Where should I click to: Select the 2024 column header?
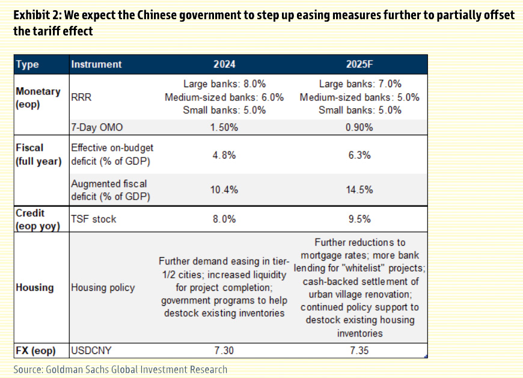[224, 64]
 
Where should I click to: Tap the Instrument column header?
[96, 64]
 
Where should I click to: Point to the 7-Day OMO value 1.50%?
[224, 127]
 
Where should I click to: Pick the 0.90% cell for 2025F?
[359, 127]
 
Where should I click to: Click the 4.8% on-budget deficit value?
[224, 155]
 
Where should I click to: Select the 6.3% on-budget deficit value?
[359, 155]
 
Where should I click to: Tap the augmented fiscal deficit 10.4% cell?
[224, 190]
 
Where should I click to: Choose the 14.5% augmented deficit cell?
[359, 190]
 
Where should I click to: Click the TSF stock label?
[94, 219]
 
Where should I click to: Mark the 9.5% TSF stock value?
[359, 219]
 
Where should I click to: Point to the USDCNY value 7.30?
[224, 350]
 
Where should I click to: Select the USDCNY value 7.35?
[359, 350]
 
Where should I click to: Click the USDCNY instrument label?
[91, 350]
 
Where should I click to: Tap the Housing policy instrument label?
[103, 288]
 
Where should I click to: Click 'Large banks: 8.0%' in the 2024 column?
[224, 84]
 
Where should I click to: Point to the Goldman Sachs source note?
[120, 369]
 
